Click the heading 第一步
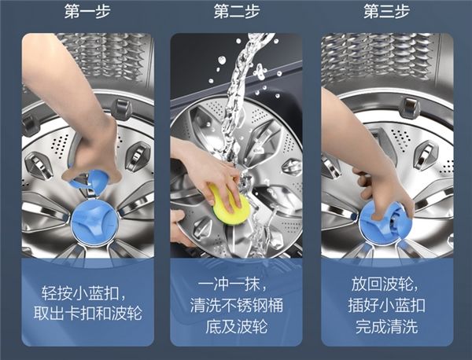[87, 12]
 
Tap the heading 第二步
[237, 12]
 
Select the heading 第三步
[386, 12]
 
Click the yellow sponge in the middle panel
[230, 201]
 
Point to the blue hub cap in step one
[94, 222]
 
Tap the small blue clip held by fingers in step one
[90, 179]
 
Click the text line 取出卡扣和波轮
[87, 314]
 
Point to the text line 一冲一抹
[232, 284]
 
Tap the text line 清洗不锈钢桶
[237, 305]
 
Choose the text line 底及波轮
[237, 326]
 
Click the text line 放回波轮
[385, 284]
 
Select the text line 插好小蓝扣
[387, 305]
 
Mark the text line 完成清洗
[387, 326]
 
